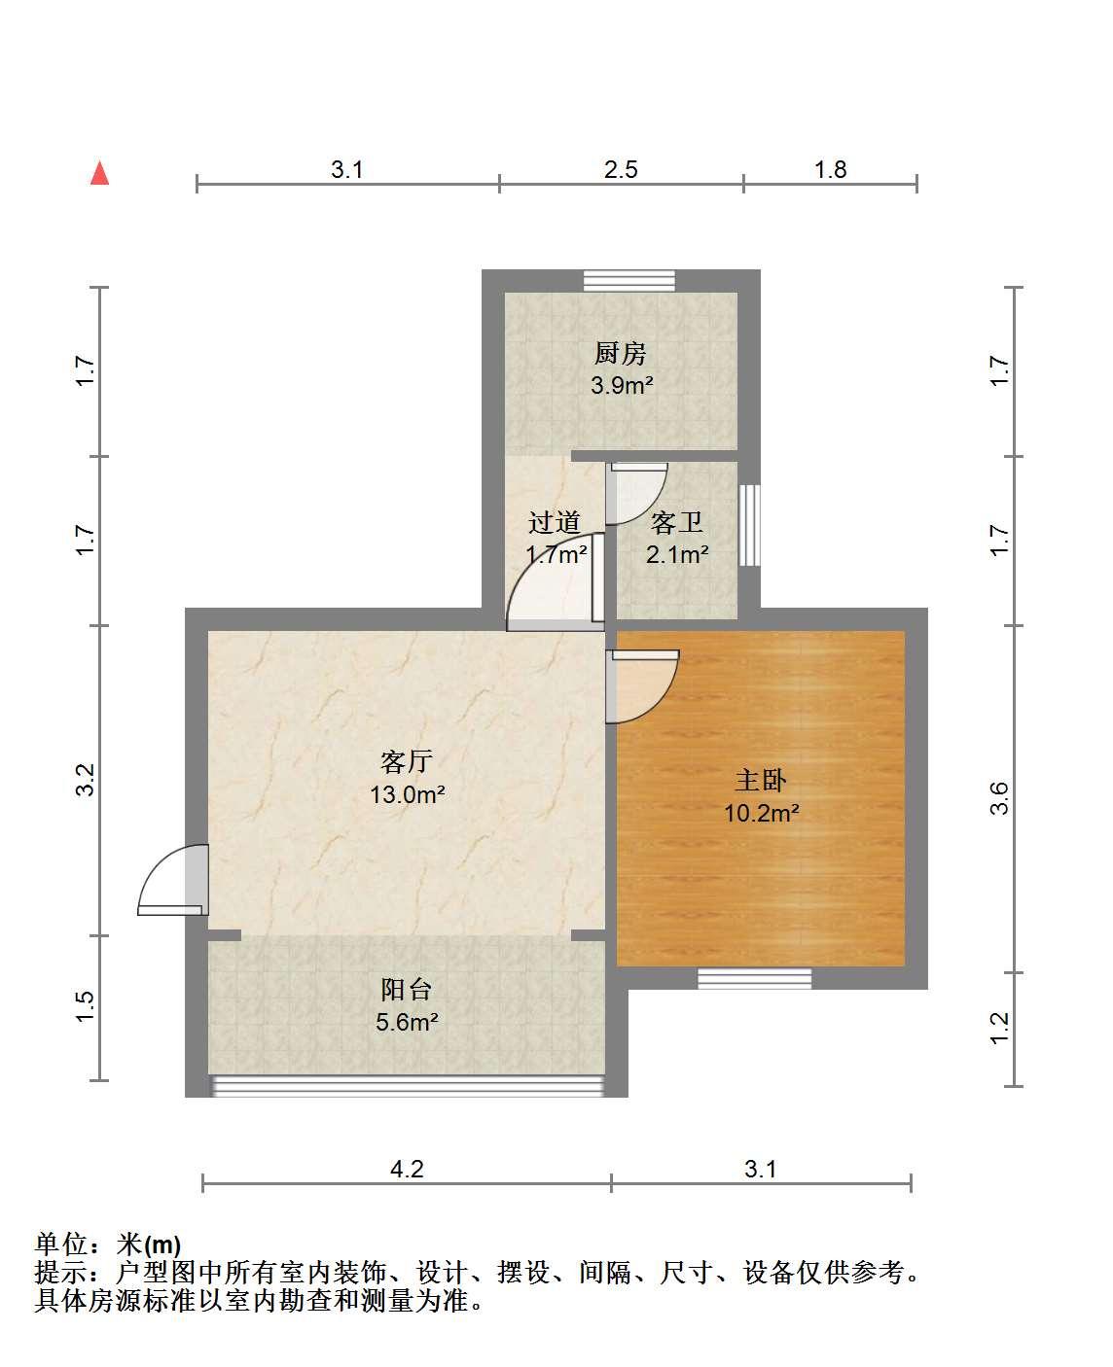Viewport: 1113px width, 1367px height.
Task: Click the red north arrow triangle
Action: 99,173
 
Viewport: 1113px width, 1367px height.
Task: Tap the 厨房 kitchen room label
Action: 620,353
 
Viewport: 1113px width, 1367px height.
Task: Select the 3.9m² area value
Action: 622,385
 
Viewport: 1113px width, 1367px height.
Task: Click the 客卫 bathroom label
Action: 676,523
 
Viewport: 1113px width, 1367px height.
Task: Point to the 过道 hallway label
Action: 555,522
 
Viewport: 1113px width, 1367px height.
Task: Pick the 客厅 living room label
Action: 407,761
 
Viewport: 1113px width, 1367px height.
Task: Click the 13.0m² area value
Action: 408,794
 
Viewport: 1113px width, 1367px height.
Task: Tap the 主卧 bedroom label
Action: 761,780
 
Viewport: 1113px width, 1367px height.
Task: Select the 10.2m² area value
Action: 762,813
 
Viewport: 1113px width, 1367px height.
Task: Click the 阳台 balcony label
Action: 406,990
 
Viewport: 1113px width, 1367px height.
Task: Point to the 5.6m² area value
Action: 408,1022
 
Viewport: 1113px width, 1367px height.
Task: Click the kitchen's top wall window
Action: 628,280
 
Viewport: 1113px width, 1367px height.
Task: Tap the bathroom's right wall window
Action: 749,525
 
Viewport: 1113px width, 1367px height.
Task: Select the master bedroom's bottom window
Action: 755,978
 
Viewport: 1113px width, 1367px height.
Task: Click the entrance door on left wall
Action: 173,879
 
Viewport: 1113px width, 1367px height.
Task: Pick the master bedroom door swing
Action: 642,686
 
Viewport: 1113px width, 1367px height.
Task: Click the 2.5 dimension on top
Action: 621,169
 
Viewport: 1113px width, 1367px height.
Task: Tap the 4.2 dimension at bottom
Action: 408,1170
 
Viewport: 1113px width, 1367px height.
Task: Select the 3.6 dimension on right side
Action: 999,798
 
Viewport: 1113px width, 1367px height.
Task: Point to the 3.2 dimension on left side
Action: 85,781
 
